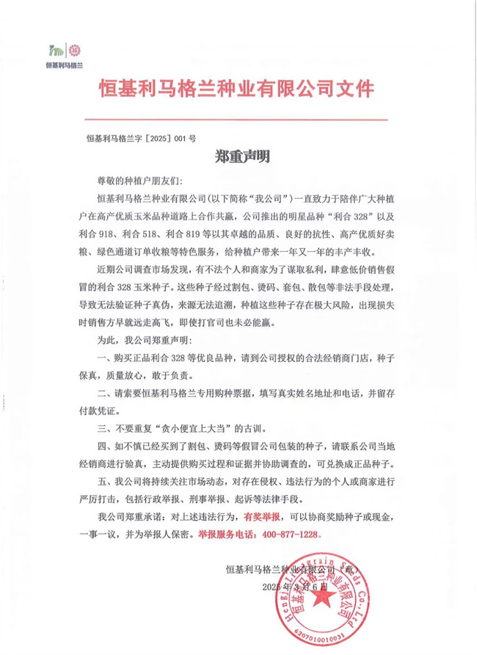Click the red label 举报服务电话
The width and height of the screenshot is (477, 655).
230,534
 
